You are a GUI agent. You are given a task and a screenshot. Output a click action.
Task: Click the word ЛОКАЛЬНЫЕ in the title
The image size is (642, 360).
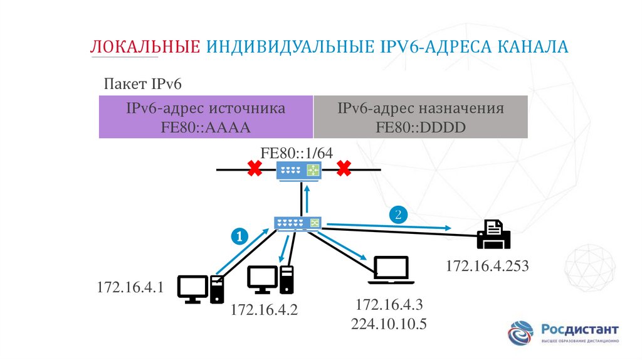[x=145, y=47]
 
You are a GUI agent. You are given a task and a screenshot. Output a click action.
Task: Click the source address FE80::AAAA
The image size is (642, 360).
[x=206, y=127]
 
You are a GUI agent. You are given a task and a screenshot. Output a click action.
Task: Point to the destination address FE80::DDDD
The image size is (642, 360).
[x=421, y=127]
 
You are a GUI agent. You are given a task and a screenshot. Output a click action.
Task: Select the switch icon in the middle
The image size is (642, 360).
[x=298, y=223]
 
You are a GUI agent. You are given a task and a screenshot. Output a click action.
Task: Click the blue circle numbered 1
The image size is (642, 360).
[x=239, y=236]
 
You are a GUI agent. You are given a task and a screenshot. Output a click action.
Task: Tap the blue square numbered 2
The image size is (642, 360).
[x=398, y=214]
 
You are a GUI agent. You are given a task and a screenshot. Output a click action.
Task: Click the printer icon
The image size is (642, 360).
[x=494, y=235]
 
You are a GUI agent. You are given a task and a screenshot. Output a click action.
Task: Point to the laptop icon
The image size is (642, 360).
[x=391, y=270]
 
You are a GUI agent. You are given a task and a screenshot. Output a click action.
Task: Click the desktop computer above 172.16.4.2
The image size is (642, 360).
[x=270, y=280]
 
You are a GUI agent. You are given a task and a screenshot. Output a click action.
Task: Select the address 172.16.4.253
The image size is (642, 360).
[x=488, y=266]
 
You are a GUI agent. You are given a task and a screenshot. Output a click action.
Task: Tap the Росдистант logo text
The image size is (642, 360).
[x=580, y=329]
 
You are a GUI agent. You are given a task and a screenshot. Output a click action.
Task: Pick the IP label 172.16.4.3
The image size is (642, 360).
[x=390, y=305]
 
